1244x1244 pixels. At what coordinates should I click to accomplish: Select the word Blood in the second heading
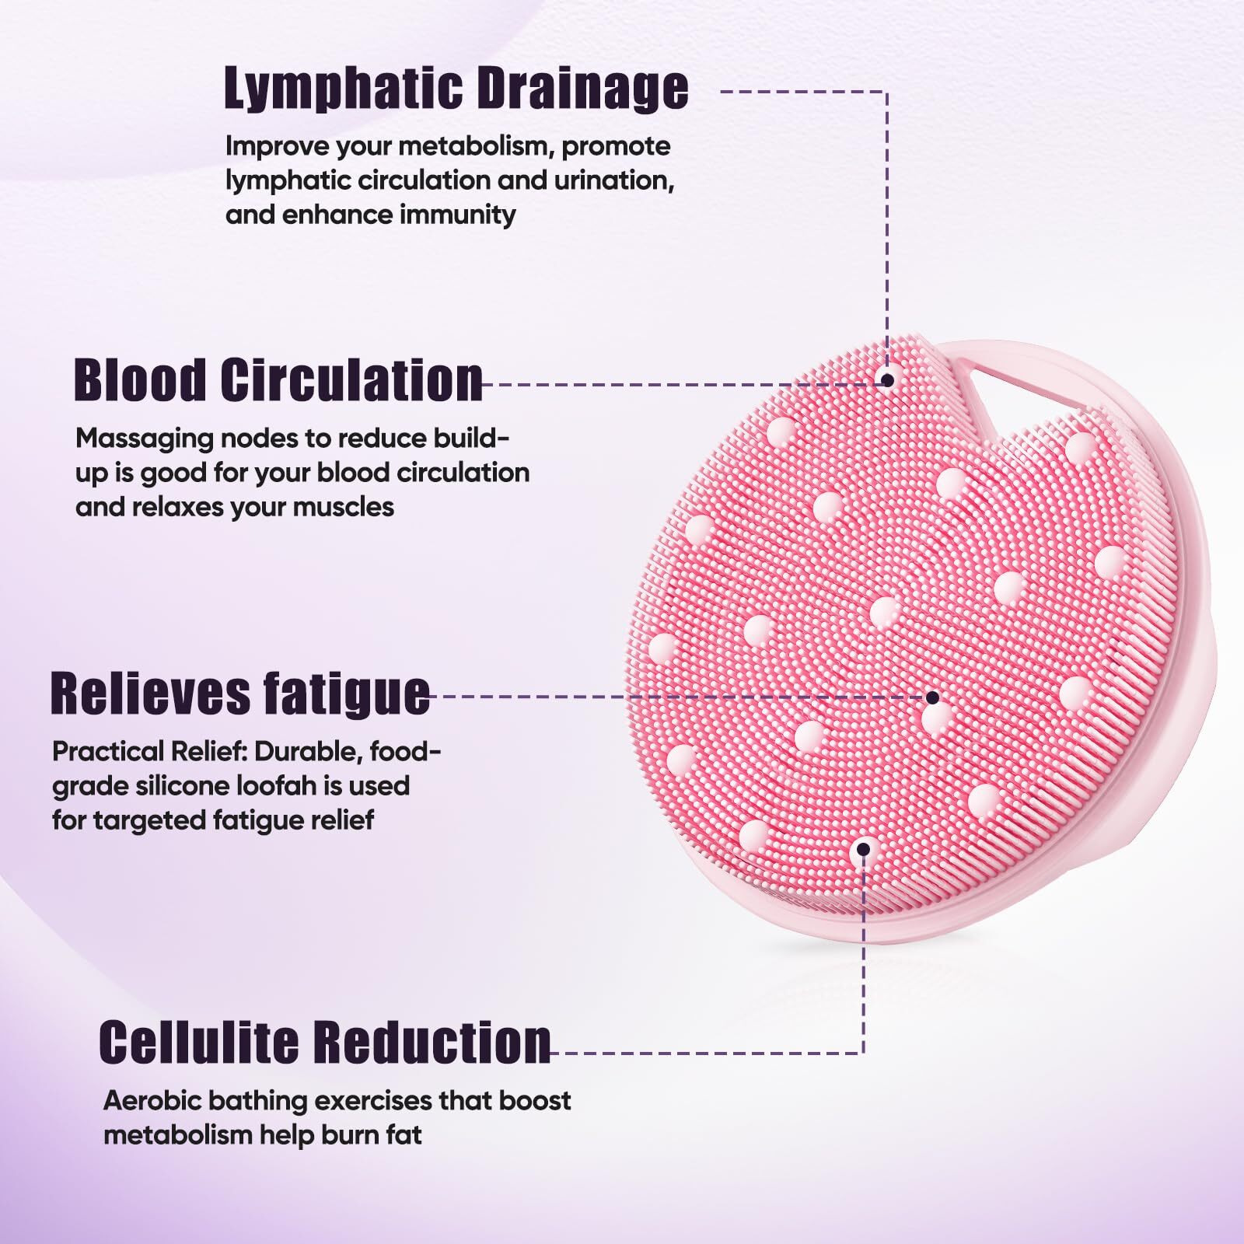tap(140, 380)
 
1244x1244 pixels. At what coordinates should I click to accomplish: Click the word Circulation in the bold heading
tap(351, 380)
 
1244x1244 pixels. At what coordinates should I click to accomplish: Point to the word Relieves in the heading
tap(149, 693)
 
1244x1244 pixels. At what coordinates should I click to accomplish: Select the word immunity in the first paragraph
tap(457, 215)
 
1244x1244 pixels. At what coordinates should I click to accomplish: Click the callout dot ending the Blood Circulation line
tap(886, 379)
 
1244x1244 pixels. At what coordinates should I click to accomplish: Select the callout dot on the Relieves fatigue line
tap(932, 697)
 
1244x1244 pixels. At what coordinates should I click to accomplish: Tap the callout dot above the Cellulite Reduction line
tap(862, 849)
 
